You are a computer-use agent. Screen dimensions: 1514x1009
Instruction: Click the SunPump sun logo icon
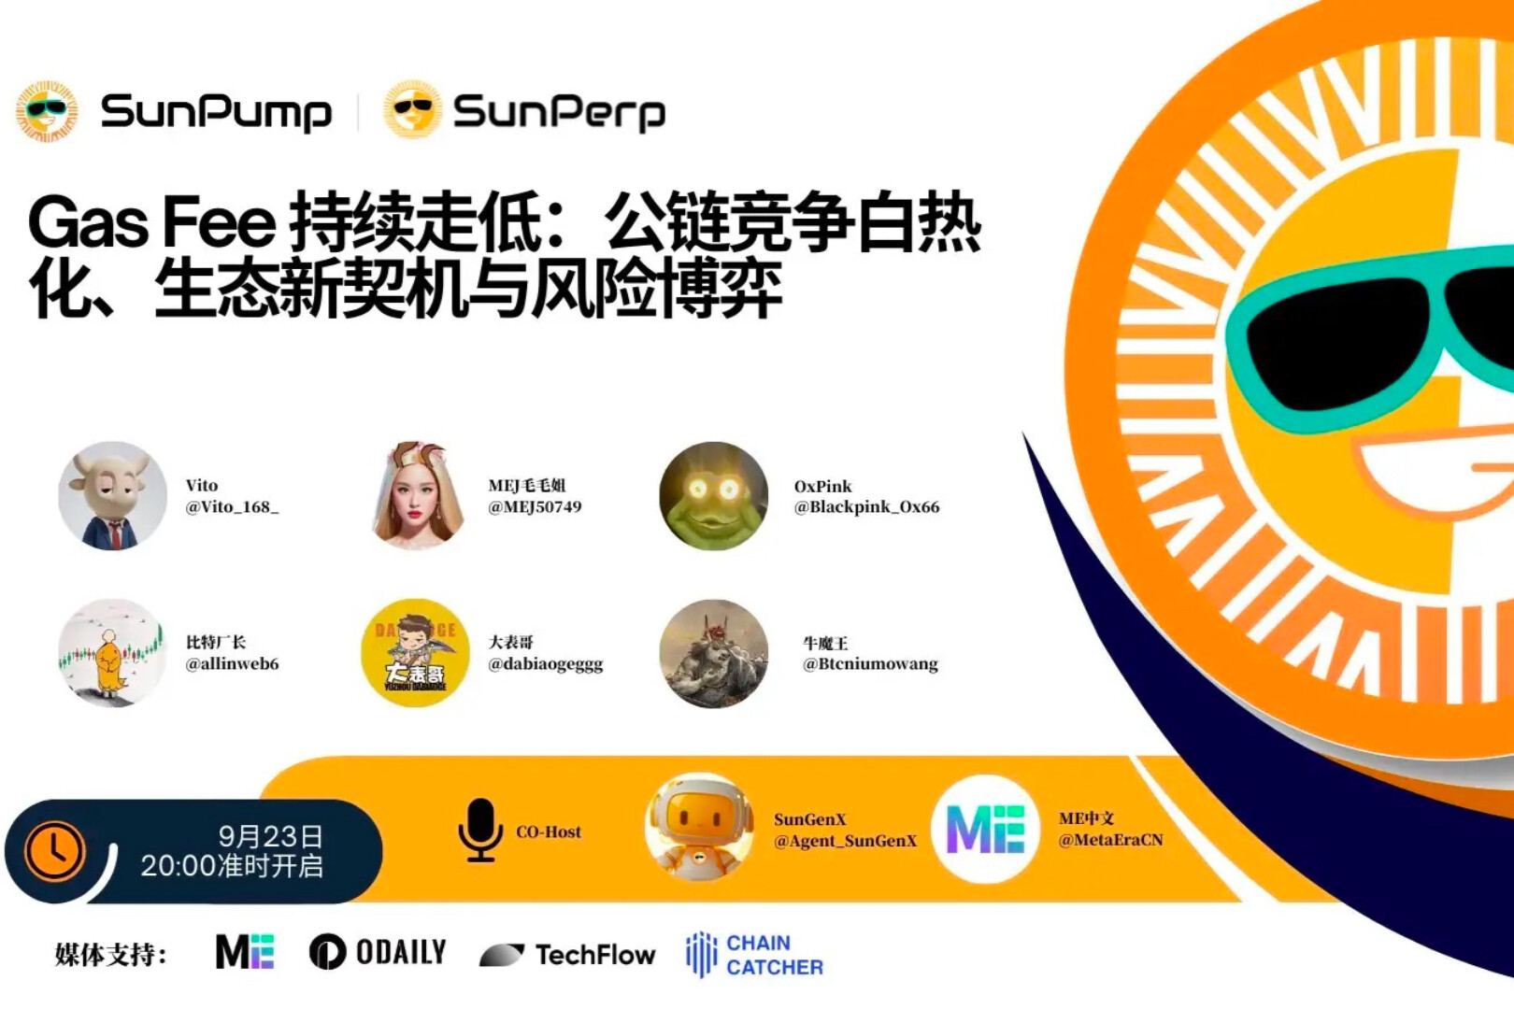tap(47, 111)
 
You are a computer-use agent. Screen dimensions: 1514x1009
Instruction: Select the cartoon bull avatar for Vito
tap(112, 496)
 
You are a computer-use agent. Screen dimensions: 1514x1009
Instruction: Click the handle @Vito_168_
tap(232, 507)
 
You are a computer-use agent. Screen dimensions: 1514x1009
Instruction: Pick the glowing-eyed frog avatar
tap(714, 496)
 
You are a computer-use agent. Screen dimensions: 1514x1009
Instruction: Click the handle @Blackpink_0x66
tap(866, 507)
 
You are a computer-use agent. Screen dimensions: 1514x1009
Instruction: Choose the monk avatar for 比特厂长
tap(112, 653)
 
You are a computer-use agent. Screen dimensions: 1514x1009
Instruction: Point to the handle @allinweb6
tap(232, 663)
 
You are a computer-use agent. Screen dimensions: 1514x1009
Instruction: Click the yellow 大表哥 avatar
tap(415, 653)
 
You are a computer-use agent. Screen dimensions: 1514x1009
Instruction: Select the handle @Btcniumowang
tap(870, 664)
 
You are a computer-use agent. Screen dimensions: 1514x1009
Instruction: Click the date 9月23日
tap(270, 837)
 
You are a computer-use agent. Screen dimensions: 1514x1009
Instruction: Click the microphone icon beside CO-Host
tap(479, 830)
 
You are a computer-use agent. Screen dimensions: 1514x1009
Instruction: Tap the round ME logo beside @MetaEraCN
tap(985, 829)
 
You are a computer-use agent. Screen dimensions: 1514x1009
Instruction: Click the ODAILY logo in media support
tap(378, 952)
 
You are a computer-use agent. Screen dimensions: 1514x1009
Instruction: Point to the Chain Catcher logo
tap(754, 954)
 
